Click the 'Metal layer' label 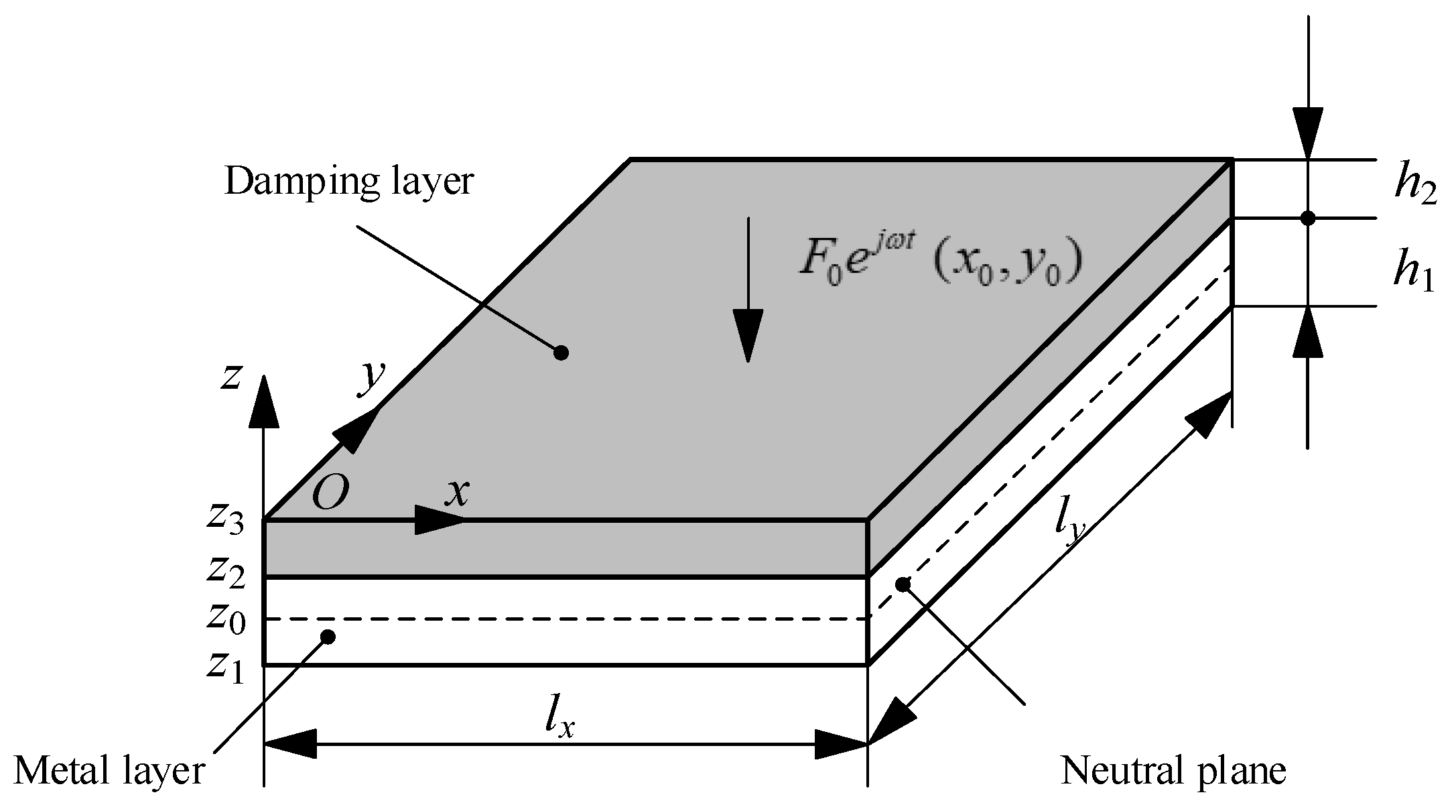tap(109, 771)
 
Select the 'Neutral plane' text tap(1173, 771)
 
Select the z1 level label tap(225, 667)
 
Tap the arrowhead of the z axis tap(263, 402)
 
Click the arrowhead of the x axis tap(439, 519)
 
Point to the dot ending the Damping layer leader tap(561, 353)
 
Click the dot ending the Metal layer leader tap(328, 637)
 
